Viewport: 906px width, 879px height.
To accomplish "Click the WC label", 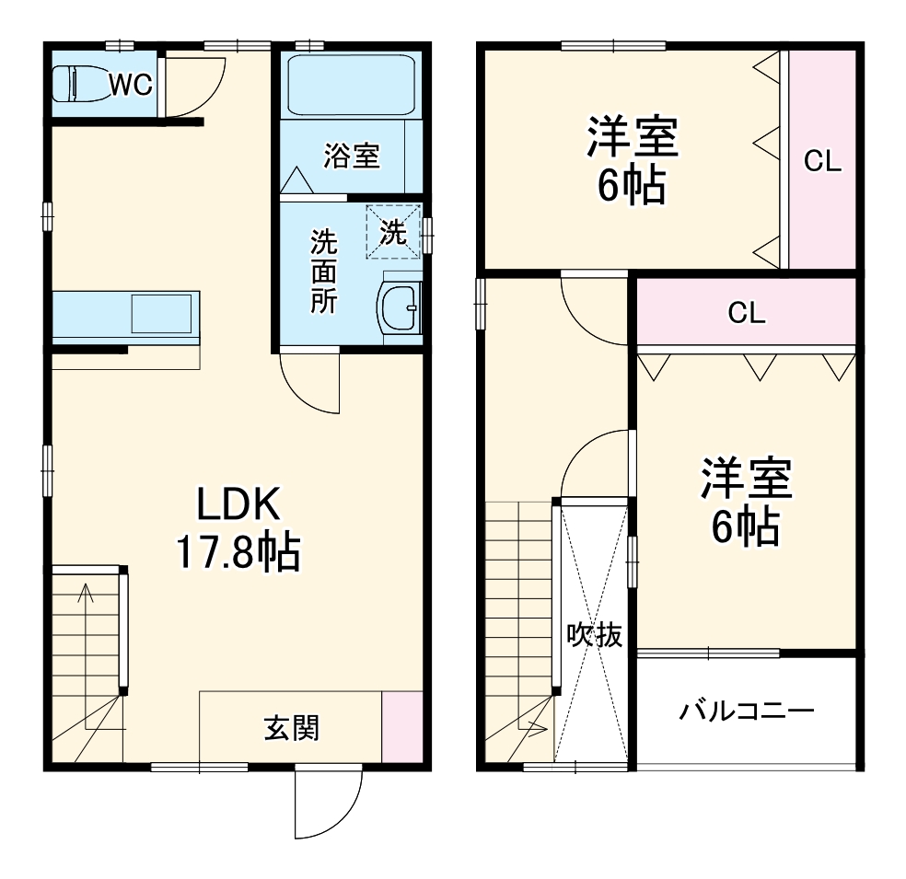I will tap(130, 84).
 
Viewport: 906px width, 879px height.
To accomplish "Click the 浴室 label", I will tap(351, 156).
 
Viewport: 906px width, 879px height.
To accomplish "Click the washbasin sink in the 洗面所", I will tap(401, 308).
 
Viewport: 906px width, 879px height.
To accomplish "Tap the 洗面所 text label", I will tap(323, 272).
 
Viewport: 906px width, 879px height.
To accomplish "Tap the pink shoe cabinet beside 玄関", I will tap(401, 726).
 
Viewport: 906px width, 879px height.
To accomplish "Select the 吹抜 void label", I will tap(594, 635).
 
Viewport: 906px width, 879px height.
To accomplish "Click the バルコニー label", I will tap(747, 711).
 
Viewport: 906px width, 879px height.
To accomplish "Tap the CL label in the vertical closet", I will tap(822, 162).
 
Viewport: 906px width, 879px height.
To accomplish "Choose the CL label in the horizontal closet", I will tap(747, 313).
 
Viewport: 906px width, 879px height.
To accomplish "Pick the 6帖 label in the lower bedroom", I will tap(745, 527).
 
